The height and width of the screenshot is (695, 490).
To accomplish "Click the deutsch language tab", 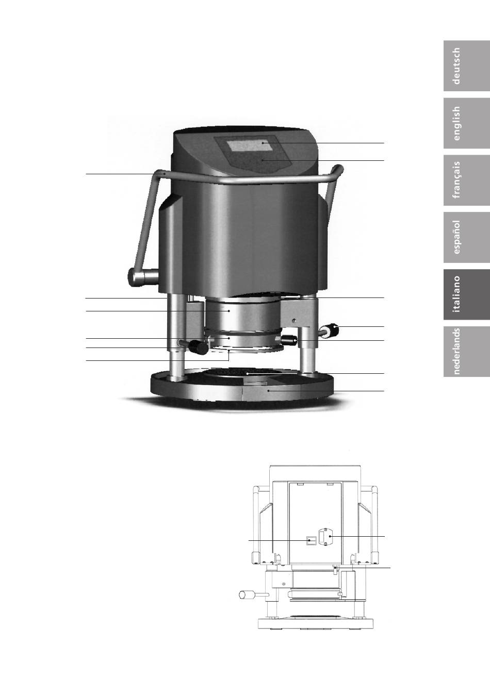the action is click(x=467, y=66).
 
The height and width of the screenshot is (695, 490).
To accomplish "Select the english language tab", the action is click(x=467, y=123).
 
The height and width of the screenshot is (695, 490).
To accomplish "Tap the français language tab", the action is click(x=467, y=180).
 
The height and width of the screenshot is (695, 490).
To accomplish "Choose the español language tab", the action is click(x=467, y=237).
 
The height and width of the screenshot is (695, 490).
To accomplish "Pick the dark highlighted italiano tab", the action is click(x=467, y=294).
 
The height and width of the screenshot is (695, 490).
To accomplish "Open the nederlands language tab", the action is click(x=467, y=352).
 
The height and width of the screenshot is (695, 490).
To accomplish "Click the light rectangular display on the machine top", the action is click(x=248, y=145).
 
